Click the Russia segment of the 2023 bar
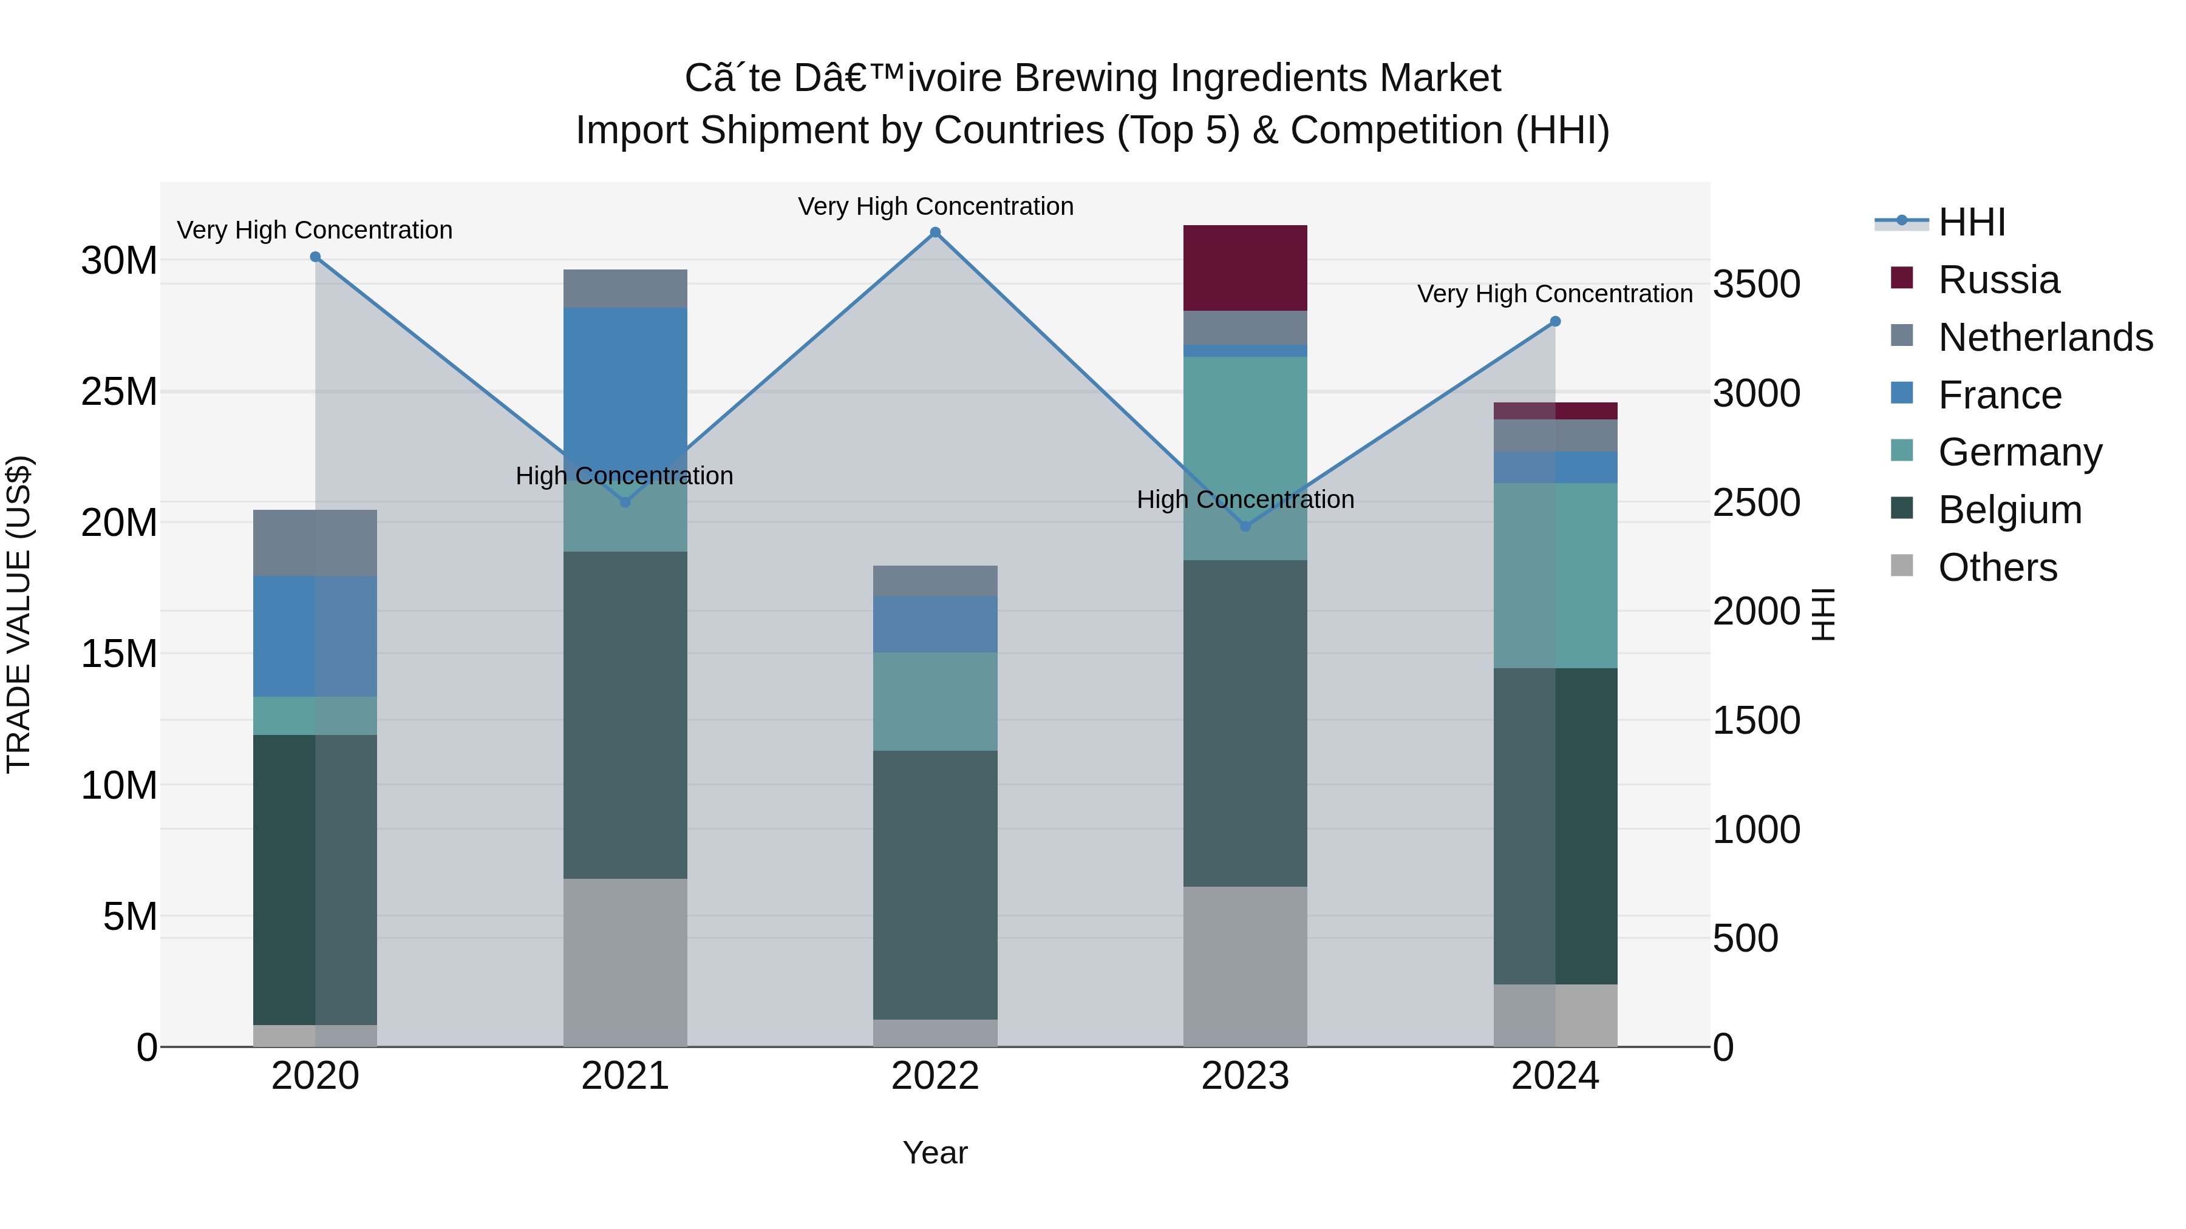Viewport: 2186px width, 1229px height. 1245,268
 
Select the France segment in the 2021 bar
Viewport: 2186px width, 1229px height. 625,382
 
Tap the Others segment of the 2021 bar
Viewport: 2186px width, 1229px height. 625,963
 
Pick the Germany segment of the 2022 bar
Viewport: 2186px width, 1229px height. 935,702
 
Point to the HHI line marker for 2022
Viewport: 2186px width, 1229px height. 935,232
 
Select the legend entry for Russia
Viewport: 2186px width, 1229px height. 1998,280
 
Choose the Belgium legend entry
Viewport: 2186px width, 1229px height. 2009,510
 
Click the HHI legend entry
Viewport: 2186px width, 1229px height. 1971,222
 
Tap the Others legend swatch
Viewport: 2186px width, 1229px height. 1902,566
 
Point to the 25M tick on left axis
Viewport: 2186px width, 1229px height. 119,392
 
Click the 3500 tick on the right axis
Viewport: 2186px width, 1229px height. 1755,284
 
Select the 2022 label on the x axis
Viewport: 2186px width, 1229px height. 935,1076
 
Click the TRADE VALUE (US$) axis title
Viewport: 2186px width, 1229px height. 19,614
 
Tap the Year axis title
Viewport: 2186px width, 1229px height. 935,1153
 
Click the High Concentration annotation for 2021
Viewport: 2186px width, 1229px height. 625,476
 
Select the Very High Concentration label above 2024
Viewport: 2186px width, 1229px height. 1554,294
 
